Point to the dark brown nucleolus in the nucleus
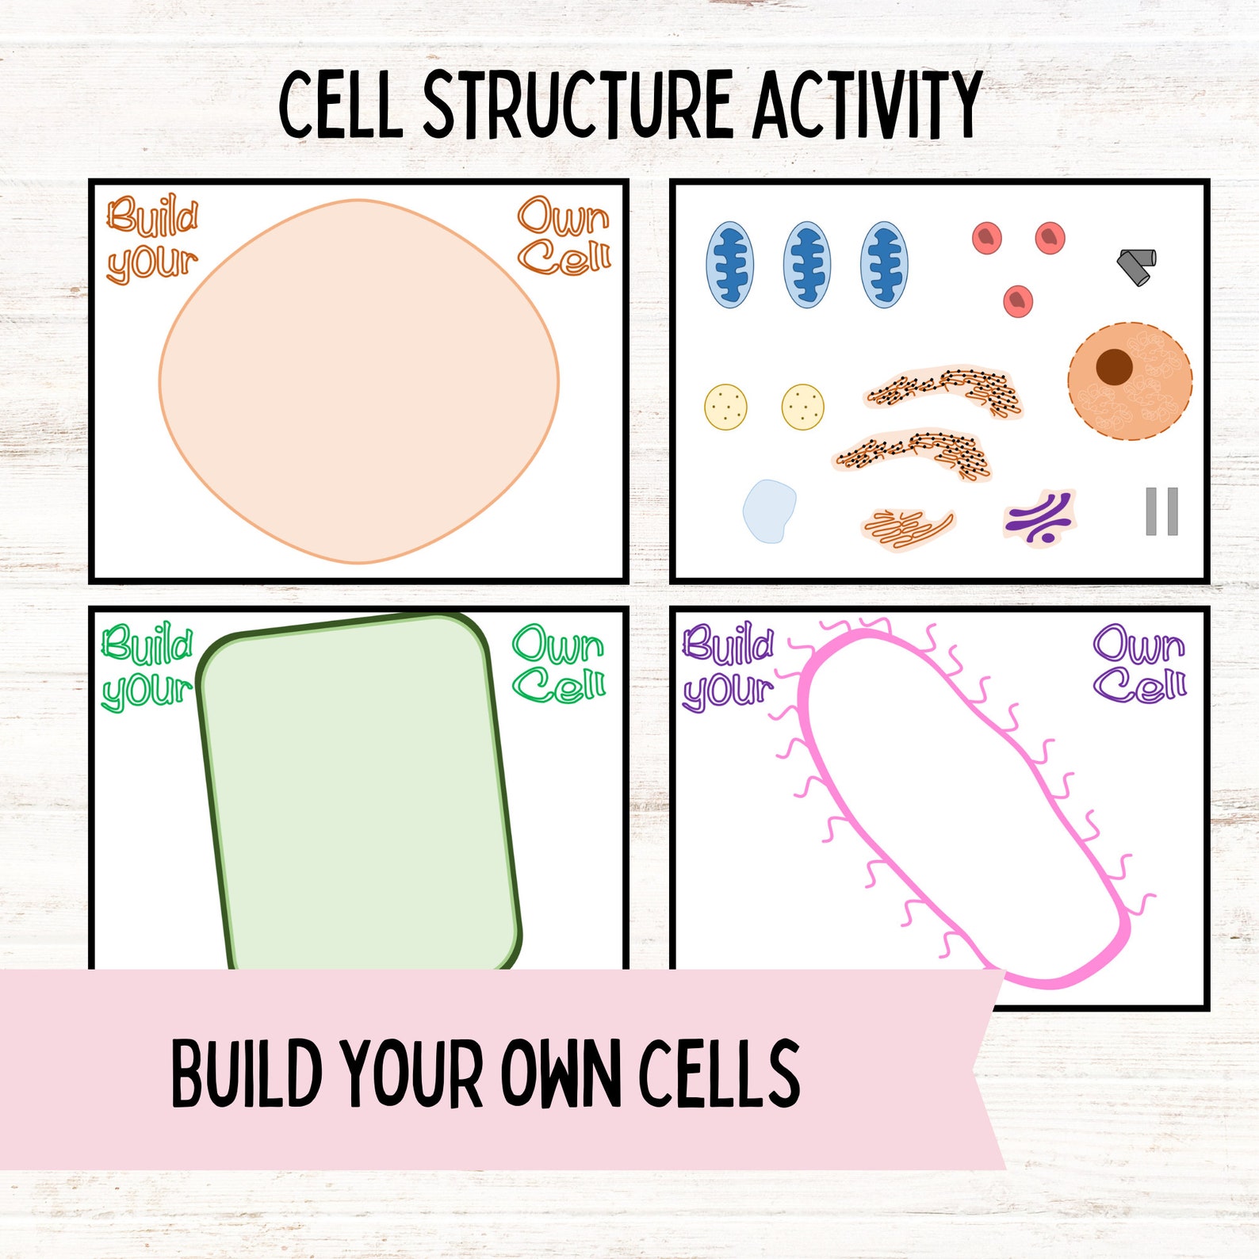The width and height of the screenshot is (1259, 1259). point(1114,366)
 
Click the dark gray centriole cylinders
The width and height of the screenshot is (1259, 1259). point(1137,265)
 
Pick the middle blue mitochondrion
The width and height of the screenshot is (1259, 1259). point(806,265)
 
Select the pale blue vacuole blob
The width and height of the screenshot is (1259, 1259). point(768,511)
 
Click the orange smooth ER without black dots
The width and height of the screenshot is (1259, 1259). point(907,528)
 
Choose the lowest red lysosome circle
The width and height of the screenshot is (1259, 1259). point(1017,301)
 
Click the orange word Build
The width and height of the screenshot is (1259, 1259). point(152,216)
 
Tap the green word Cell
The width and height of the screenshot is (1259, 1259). point(559,683)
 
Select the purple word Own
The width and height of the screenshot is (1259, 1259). point(1138,644)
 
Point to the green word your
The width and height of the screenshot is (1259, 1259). point(147,690)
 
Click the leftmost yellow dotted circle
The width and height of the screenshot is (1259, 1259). point(725,407)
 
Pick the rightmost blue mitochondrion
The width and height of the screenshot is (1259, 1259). point(883,265)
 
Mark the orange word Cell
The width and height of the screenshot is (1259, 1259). point(564,256)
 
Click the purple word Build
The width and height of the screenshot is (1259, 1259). point(728,644)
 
